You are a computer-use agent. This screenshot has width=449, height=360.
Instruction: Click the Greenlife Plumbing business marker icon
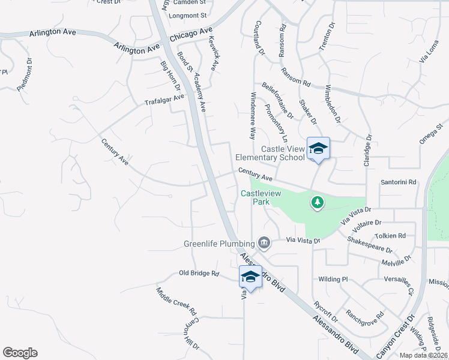264,243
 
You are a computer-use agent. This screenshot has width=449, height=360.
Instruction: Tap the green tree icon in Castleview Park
318,203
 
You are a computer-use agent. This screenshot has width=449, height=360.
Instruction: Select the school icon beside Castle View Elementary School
318,149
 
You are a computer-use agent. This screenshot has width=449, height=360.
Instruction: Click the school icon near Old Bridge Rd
250,277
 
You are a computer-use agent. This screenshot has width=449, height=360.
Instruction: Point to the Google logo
20,353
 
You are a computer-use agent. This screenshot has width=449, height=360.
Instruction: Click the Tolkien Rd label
390,236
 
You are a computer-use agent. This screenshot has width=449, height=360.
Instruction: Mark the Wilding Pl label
333,279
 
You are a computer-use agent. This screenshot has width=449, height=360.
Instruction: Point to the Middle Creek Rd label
176,301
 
